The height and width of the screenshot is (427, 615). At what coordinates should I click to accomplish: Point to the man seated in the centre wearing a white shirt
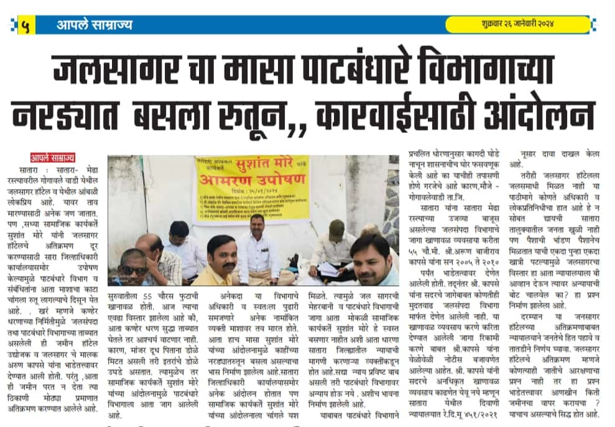(257, 249)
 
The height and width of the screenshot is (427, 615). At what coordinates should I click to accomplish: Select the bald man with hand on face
(152, 252)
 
